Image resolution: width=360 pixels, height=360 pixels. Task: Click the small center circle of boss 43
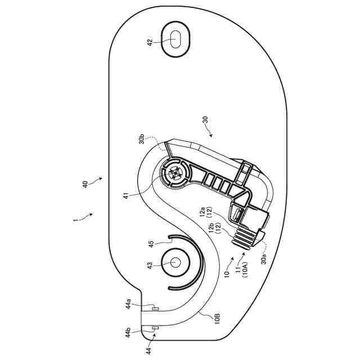(x=174, y=263)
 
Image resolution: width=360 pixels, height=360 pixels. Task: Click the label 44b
(x=129, y=332)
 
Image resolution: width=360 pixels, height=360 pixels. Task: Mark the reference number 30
(x=205, y=120)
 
